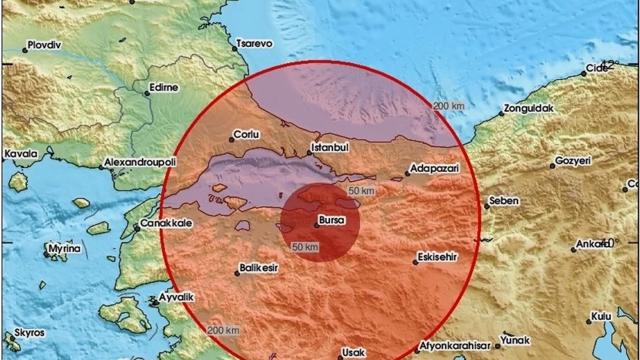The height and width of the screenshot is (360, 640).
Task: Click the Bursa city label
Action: coord(332,219)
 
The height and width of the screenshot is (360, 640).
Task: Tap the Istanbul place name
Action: coord(329,147)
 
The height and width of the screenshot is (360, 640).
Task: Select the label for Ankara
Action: coord(590,244)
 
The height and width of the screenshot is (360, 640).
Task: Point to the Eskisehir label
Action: coord(439,256)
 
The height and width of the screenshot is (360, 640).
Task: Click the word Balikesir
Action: coord(258,268)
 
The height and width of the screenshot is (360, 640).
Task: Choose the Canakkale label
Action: coord(165,223)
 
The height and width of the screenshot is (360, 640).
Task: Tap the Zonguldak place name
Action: coord(529,107)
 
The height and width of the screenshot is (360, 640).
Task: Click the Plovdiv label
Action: coord(44,45)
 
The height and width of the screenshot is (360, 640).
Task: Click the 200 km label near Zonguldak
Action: coord(448,105)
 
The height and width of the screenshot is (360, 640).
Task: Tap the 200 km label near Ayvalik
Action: coord(223,330)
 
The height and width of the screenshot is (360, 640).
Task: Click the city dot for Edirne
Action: coord(147,93)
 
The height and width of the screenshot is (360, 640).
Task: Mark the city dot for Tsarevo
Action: coord(234,48)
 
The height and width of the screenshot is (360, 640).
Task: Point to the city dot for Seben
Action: coord(486,206)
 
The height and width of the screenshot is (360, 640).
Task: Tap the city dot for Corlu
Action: coord(232,139)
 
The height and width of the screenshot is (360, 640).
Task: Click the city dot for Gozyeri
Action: coord(552,165)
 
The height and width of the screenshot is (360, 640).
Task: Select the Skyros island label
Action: coord(29,332)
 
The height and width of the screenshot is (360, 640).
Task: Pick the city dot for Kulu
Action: coord(588,321)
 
